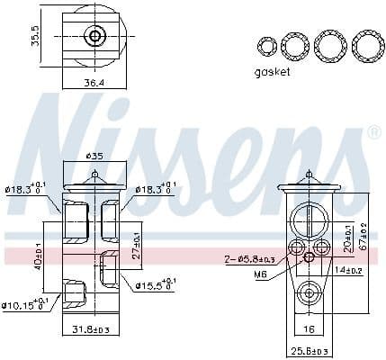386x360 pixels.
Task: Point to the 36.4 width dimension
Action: [94, 83]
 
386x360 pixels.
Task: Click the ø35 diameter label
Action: [94, 157]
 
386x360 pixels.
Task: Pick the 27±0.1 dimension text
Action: [137, 241]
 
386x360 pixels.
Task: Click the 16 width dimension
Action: [309, 329]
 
